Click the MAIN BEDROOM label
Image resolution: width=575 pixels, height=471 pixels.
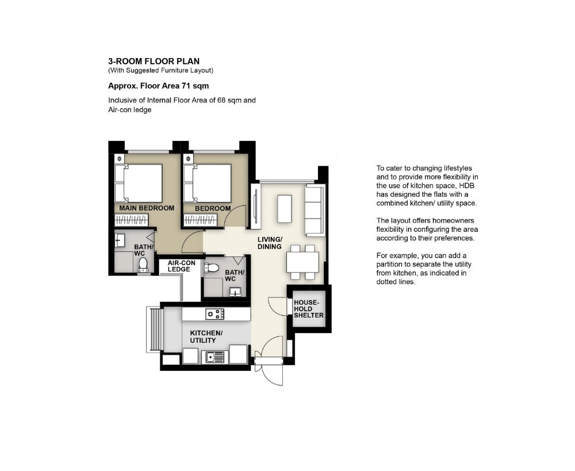[x=147, y=208]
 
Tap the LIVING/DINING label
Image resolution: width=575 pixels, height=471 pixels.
[x=270, y=243]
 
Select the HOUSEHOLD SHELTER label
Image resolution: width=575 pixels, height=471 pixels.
[x=309, y=309]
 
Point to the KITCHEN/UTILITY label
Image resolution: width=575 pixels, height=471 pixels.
[x=206, y=337]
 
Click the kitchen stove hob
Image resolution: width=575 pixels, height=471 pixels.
[x=214, y=314]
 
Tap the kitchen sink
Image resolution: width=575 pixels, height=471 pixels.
[x=214, y=357]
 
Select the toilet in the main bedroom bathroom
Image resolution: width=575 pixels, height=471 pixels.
[x=143, y=265]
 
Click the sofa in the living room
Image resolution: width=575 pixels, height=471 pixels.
[x=315, y=210]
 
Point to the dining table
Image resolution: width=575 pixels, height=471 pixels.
[x=303, y=262]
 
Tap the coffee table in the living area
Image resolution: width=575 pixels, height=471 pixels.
[x=285, y=209]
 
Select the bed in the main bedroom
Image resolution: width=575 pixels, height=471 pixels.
[x=139, y=183]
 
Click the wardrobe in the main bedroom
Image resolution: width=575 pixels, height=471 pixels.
[x=131, y=220]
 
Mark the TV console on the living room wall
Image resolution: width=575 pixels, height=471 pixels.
[x=256, y=206]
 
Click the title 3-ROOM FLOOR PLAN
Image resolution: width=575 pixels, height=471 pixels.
[x=154, y=62]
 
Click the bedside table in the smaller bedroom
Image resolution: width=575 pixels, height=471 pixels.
[x=188, y=159]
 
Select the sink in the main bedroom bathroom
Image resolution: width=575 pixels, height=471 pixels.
[x=119, y=240]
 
